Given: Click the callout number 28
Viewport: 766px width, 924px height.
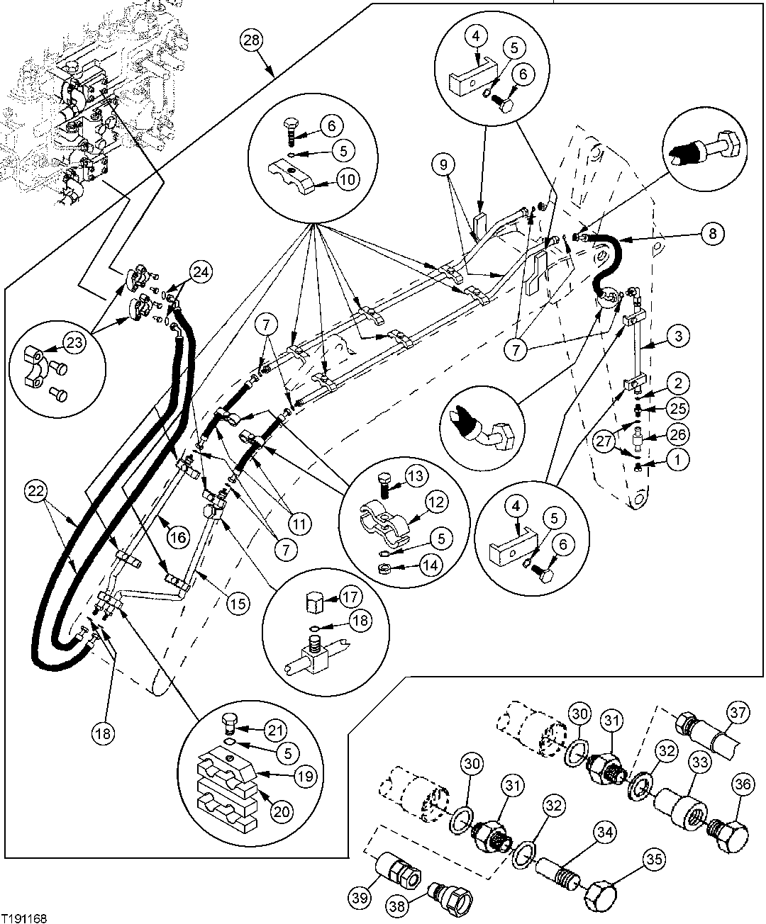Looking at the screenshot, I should (251, 40).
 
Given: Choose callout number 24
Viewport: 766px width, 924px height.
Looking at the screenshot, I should (200, 271).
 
